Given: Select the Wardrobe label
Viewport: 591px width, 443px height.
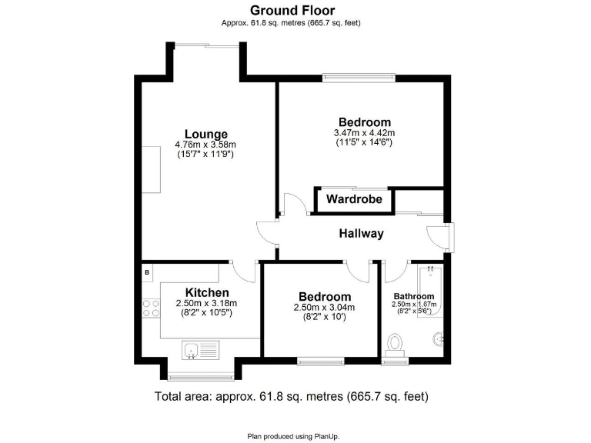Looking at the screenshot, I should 353,200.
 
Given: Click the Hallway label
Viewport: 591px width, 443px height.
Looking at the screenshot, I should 361,234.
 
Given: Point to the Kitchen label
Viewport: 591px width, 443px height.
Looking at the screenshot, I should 206,292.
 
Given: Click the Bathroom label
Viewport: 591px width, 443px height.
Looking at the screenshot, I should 414,296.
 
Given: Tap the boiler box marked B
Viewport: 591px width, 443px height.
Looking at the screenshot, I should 146,272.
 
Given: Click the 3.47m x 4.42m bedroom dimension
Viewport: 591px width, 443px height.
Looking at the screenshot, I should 365,133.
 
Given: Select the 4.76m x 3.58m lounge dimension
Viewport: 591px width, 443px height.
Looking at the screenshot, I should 205,144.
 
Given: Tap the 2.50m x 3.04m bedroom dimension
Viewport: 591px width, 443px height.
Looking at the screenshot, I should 324,308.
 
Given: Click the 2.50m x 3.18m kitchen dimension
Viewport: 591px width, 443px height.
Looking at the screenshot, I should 206,303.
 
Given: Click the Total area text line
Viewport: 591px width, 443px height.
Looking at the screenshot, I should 292,397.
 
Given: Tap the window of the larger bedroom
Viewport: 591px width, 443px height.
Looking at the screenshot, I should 359,76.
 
